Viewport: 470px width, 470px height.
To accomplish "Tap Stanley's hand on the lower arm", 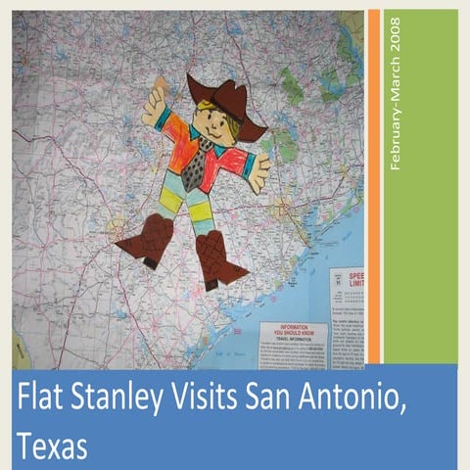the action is pyautogui.click(x=259, y=173).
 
